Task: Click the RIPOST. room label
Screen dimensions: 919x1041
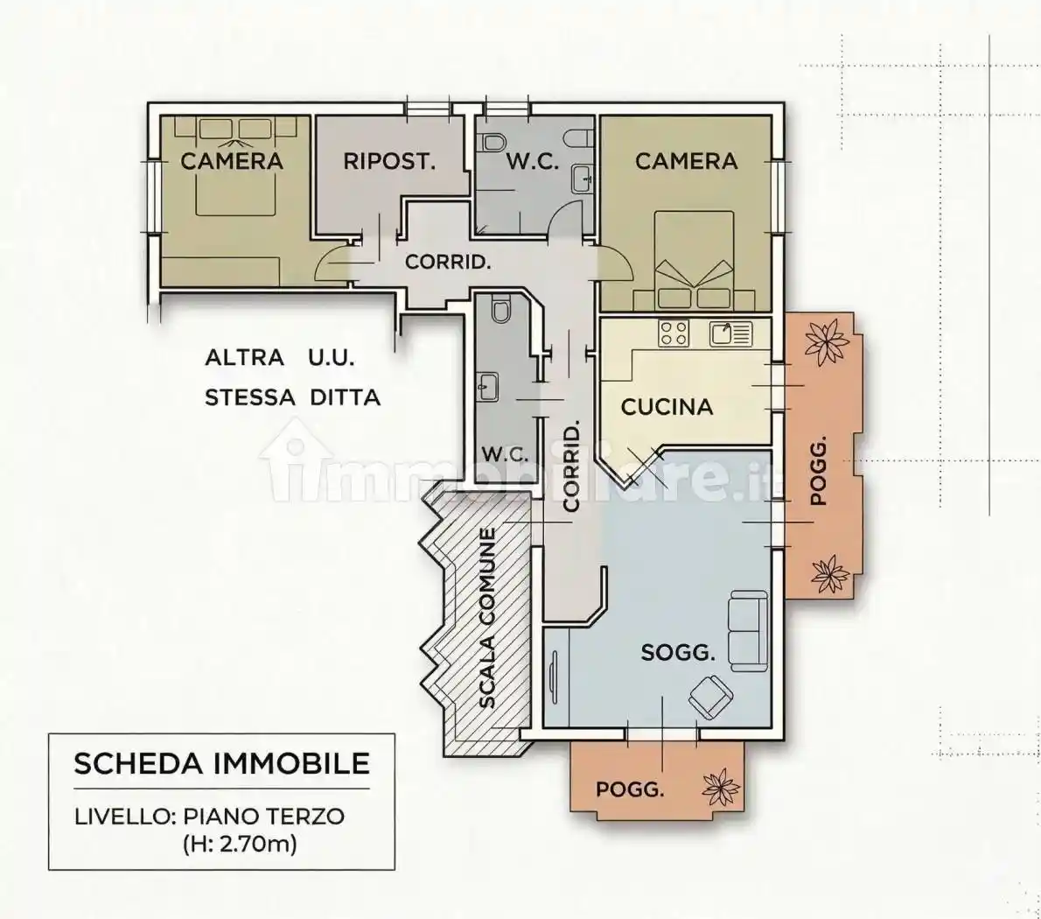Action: pyautogui.click(x=388, y=161)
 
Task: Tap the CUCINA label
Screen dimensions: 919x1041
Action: pyautogui.click(x=667, y=407)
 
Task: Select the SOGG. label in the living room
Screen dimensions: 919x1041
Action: pyautogui.click(x=678, y=652)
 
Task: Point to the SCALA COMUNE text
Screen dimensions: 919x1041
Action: pyautogui.click(x=487, y=618)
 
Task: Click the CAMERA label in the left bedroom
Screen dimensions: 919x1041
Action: pyautogui.click(x=232, y=161)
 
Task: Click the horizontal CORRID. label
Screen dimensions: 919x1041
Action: pyautogui.click(x=447, y=262)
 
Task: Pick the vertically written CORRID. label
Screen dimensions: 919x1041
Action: pyautogui.click(x=571, y=467)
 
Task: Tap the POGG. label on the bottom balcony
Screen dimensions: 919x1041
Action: pyautogui.click(x=629, y=789)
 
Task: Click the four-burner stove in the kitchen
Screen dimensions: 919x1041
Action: pyautogui.click(x=674, y=333)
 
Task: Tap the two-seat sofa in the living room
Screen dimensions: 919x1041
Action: pyautogui.click(x=746, y=629)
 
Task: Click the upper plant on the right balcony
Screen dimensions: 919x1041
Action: pyautogui.click(x=825, y=342)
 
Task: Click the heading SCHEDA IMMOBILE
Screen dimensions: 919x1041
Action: pyautogui.click(x=221, y=762)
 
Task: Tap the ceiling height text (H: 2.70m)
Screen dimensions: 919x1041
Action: pyautogui.click(x=240, y=845)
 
